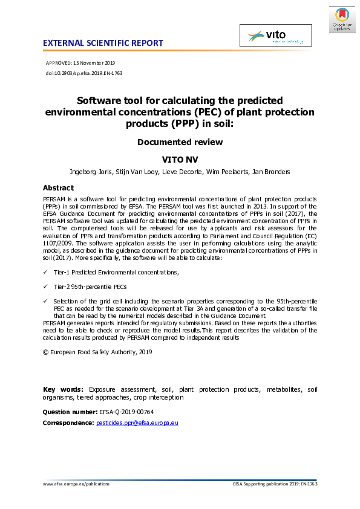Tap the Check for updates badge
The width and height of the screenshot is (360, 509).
pyautogui.click(x=342, y=19)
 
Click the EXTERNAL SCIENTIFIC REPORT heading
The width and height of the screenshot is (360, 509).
pyautogui.click(x=103, y=43)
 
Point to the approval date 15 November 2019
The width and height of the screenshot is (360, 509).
pyautogui.click(x=97, y=63)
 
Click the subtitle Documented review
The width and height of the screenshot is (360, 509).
pyautogui.click(x=180, y=142)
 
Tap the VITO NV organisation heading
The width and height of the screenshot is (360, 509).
pyautogui.click(x=180, y=159)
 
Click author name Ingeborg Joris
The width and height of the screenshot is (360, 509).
pyautogui.click(x=93, y=172)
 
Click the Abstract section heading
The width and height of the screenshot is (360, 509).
pyautogui.click(x=58, y=188)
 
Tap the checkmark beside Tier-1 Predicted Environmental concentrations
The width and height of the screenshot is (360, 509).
pyautogui.click(x=46, y=273)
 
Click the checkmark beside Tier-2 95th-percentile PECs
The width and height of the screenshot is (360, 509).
pyautogui.click(x=46, y=287)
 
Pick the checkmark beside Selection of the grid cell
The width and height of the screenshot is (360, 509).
pyautogui.click(x=46, y=300)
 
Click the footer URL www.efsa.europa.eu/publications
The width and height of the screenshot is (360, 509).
pyautogui.click(x=76, y=484)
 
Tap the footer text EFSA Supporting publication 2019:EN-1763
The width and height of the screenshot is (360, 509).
pyautogui.click(x=275, y=484)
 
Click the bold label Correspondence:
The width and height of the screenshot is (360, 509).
pyautogui.click(x=68, y=423)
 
